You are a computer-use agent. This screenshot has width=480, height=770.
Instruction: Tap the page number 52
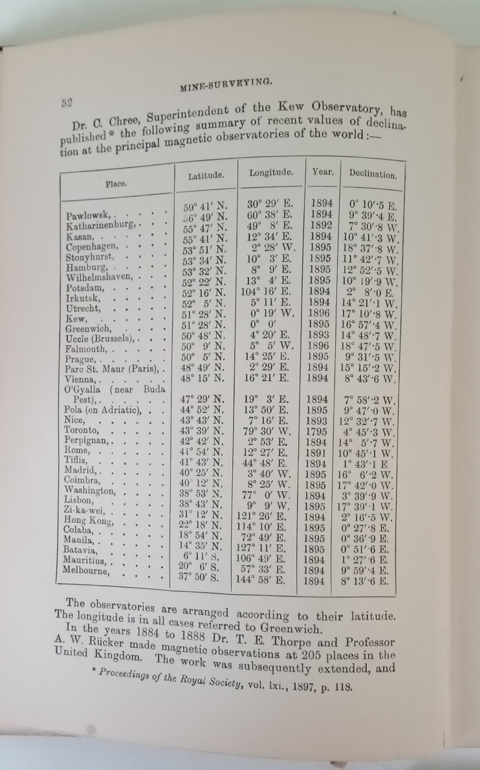tap(67, 102)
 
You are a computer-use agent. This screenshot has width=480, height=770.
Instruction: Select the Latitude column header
tap(206, 175)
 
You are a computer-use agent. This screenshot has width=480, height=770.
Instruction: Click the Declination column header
tap(373, 174)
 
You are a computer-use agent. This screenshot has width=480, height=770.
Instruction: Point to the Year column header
tap(323, 172)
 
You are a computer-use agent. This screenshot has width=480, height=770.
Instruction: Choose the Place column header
tap(116, 183)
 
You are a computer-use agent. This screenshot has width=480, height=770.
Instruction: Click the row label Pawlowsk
tap(88, 215)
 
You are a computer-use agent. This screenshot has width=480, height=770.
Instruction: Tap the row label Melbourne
tap(87, 569)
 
